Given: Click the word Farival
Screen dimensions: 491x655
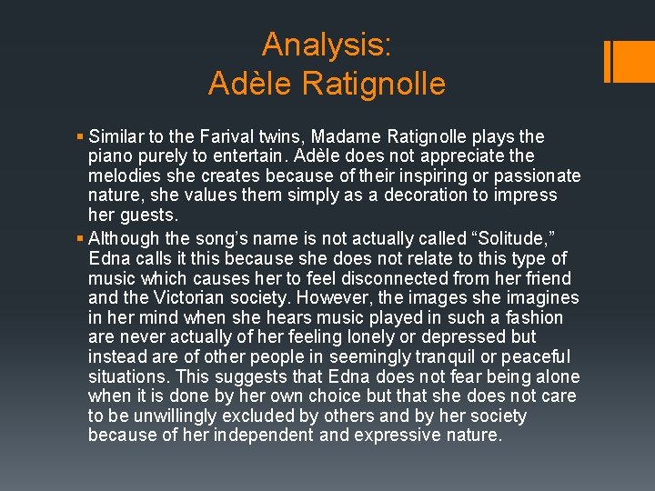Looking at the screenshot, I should pos(228,137).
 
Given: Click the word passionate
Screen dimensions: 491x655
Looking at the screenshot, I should pos(537,175).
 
